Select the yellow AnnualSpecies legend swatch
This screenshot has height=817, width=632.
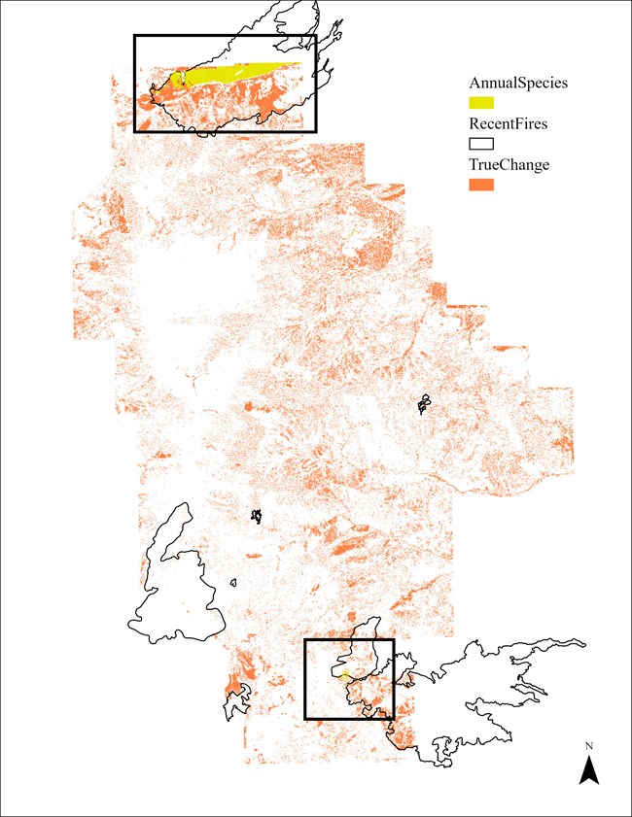pos(481,102)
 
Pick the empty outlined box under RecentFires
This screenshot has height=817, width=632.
pos(481,144)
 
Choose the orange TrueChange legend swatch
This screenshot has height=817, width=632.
pos(481,186)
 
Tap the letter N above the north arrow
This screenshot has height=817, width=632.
pos(588,746)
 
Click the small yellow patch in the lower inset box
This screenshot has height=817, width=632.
pos(344,673)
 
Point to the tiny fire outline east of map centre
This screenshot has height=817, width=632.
pos(424,403)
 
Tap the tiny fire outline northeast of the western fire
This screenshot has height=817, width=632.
pos(256,516)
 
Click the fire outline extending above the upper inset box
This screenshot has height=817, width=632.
pos(292,24)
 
